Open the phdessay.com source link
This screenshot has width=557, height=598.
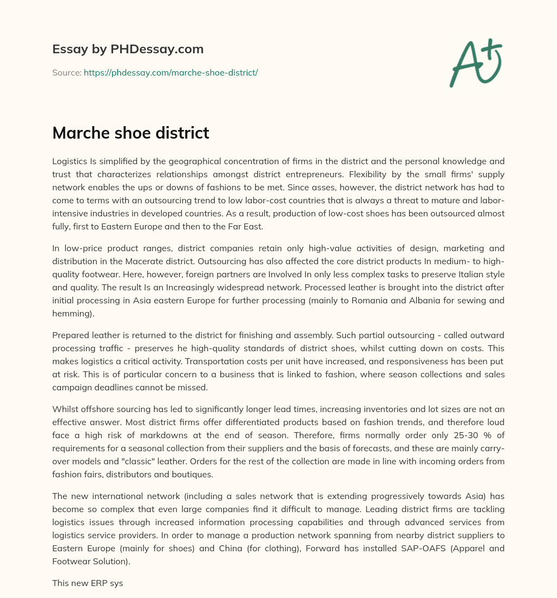[x=170, y=72]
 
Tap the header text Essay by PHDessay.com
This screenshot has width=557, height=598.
[x=128, y=49]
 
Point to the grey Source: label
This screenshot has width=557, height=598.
[x=66, y=72]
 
